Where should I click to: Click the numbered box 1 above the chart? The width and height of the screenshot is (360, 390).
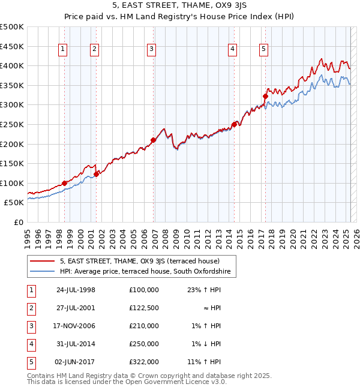pyautogui.click(x=64, y=50)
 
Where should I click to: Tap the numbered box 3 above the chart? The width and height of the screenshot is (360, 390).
pyautogui.click(x=152, y=50)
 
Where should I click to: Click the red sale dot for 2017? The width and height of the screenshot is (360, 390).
pyautogui.click(x=265, y=95)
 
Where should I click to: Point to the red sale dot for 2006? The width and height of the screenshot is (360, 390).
pyautogui.click(x=153, y=140)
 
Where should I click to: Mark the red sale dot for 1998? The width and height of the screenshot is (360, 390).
pyautogui.click(x=64, y=183)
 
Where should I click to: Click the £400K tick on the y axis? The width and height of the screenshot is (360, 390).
pyautogui.click(x=12, y=65)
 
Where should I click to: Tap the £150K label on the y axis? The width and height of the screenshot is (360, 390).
pyautogui.click(x=12, y=163)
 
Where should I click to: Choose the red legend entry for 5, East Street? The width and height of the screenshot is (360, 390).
pyautogui.click(x=140, y=261)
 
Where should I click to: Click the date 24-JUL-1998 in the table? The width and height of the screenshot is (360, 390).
pyautogui.click(x=76, y=290)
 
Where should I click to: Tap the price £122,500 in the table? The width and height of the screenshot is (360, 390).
pyautogui.click(x=143, y=308)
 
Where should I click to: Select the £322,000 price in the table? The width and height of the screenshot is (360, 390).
pyautogui.click(x=143, y=362)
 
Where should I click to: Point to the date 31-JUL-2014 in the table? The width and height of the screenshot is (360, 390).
pyautogui.click(x=76, y=344)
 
